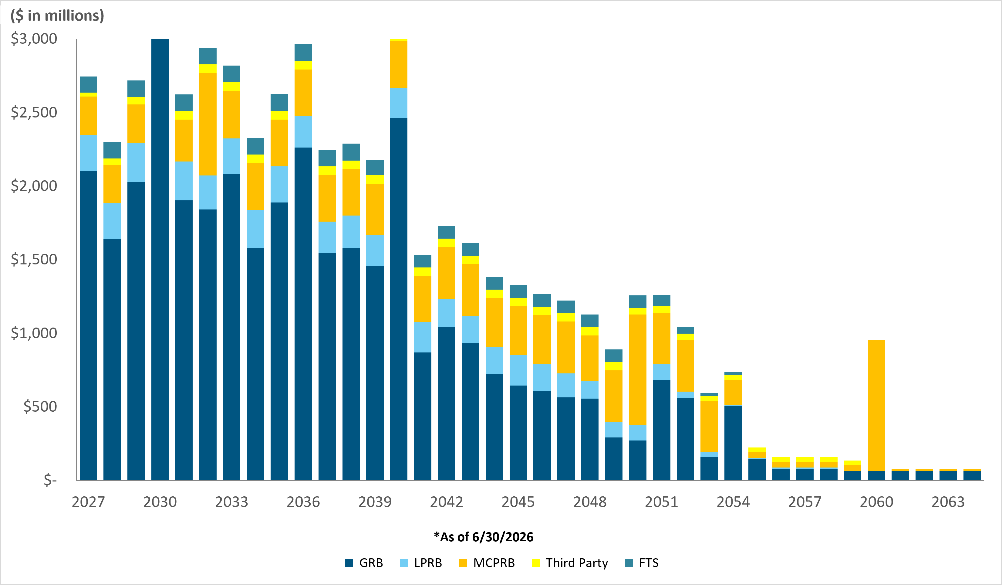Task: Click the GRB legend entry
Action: point(364,563)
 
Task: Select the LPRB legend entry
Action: point(421,563)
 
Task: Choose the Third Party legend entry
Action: point(570,563)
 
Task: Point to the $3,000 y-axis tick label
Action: point(34,39)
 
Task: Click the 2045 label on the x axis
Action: point(518,502)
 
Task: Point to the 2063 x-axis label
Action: point(948,502)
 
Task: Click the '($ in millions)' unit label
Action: point(57,15)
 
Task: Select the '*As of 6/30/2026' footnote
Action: point(484,537)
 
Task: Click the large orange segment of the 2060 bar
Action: point(876,405)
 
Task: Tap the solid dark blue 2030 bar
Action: point(160,260)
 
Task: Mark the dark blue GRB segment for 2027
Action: point(88,325)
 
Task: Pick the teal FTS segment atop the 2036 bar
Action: point(303,52)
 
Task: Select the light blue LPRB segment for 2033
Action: point(231,156)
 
